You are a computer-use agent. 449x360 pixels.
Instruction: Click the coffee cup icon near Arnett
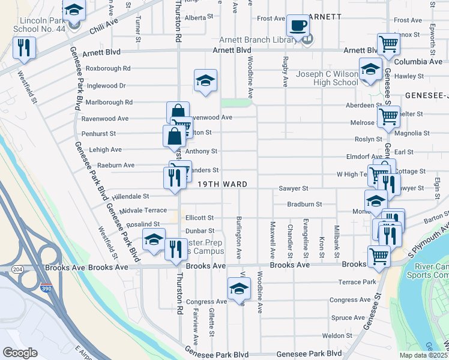pyautogui.click(x=297, y=26)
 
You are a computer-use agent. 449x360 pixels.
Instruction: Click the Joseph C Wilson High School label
pyautogui.click(x=328, y=79)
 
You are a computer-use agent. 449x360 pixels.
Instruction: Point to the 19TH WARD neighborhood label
pyautogui.click(x=223, y=185)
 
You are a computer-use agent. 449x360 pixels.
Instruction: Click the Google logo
pyautogui.click(x=20, y=352)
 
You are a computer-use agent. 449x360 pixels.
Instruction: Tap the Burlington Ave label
pyautogui.click(x=238, y=238)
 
